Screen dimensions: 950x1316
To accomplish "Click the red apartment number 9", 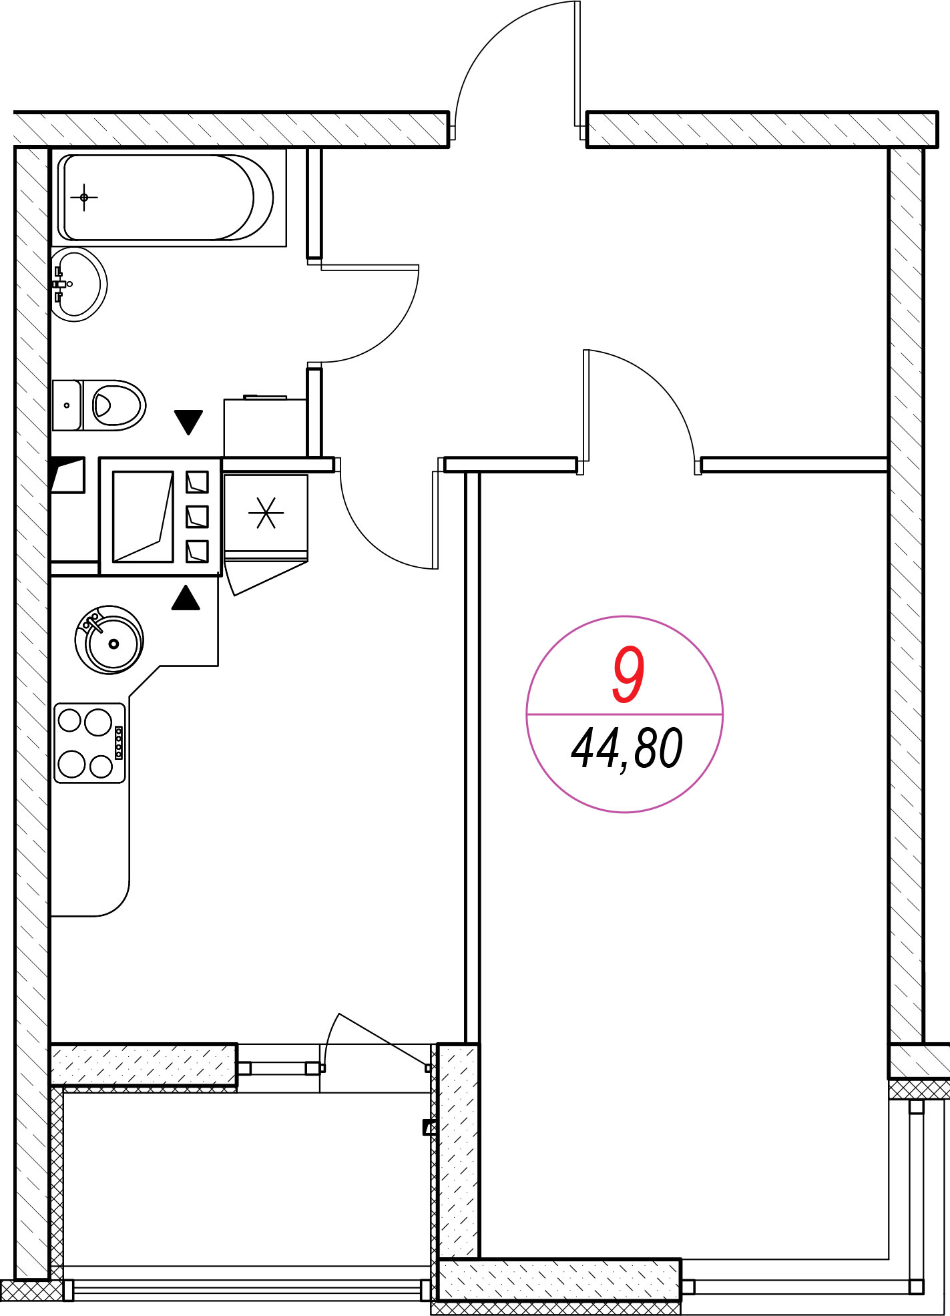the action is pyautogui.click(x=628, y=675).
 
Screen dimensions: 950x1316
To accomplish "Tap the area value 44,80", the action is pyautogui.click(x=626, y=749).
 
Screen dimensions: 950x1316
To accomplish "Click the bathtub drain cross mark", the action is pyautogui.click(x=84, y=198).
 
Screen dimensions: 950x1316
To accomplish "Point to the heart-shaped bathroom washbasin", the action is pyautogui.click(x=79, y=284).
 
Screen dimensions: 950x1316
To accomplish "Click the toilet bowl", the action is pyautogui.click(x=114, y=405).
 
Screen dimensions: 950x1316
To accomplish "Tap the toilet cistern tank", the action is pyautogui.click(x=67, y=405).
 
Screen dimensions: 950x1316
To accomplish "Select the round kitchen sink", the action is pyautogui.click(x=109, y=640).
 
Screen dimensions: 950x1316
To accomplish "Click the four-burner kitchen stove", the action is pyautogui.click(x=90, y=742).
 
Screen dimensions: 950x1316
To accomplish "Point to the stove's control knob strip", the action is pyautogui.click(x=119, y=742).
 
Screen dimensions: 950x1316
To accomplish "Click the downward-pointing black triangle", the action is pyautogui.click(x=188, y=422).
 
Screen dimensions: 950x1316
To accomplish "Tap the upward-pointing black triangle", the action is pyautogui.click(x=186, y=597).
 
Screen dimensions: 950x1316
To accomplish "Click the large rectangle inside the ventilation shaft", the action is pyautogui.click(x=143, y=516).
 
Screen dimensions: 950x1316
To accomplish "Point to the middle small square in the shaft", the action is pyautogui.click(x=197, y=516).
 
